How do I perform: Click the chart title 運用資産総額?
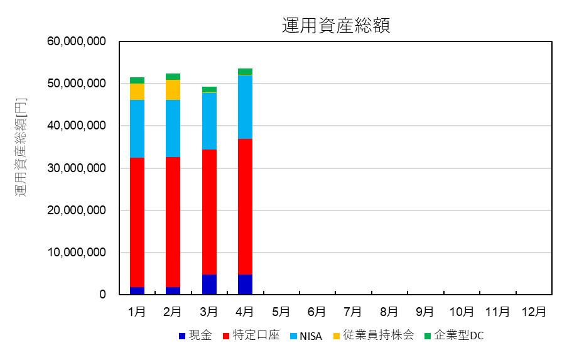point(336,25)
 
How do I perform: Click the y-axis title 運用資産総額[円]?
point(21,148)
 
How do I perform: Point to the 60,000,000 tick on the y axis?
point(76,42)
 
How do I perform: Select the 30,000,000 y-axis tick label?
point(76,168)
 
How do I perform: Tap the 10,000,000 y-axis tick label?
point(76,253)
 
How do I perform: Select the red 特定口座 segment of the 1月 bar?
point(137,222)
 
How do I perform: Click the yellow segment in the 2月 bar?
point(173,90)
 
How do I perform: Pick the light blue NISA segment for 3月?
point(209,121)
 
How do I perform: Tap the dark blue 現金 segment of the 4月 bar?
point(245,284)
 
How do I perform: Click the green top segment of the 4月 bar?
point(245,72)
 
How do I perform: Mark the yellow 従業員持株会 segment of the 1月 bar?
point(137,92)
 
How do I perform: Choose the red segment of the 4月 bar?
point(245,207)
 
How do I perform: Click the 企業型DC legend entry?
point(453,336)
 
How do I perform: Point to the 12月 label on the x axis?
point(534,312)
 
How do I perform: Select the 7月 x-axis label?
point(353,312)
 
